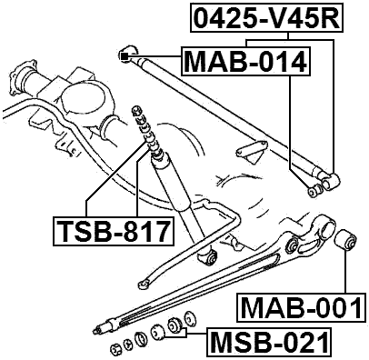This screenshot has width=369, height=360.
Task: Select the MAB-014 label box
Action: (245, 63)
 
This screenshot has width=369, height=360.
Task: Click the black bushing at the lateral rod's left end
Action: (127, 57)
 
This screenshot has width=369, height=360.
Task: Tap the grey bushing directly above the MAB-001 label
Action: (346, 242)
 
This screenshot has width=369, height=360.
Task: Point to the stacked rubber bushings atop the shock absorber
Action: (140, 126)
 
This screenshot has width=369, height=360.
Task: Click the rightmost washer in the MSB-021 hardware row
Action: (189, 319)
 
